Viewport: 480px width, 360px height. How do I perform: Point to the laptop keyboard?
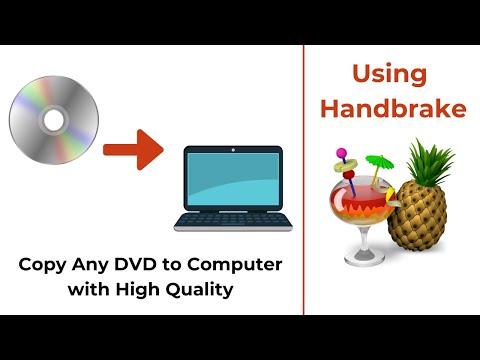[232, 220]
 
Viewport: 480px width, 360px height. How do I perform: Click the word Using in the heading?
[391, 75]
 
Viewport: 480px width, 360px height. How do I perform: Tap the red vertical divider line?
[304, 180]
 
